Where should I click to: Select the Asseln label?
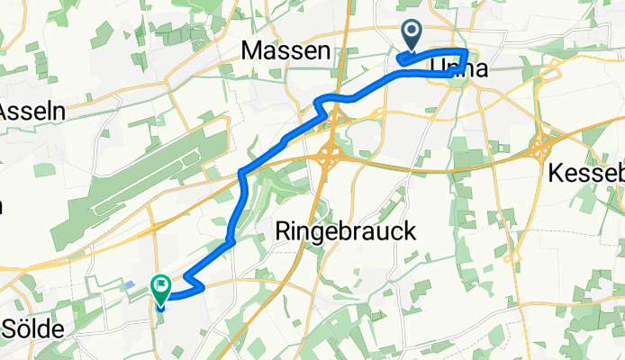click(27, 112)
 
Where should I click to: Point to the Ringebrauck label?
click(344, 232)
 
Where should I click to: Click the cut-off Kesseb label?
click(586, 172)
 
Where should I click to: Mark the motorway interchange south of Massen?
click(331, 158)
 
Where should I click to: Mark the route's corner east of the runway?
click(241, 172)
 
